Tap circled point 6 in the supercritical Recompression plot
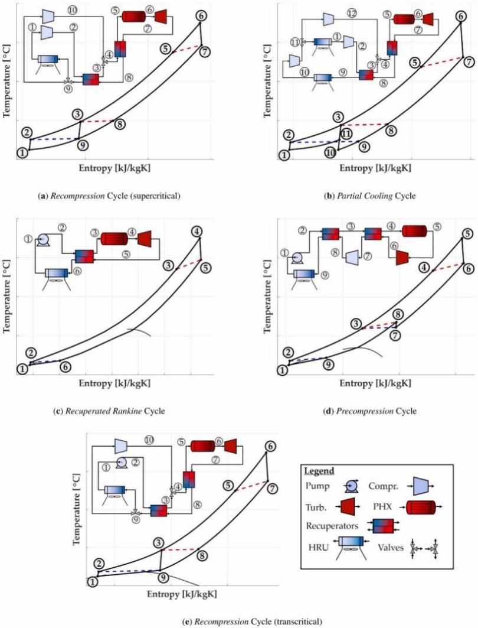click(x=201, y=17)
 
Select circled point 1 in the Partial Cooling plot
click(x=285, y=155)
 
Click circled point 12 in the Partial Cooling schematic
click(x=352, y=12)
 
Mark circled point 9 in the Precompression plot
click(x=328, y=365)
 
